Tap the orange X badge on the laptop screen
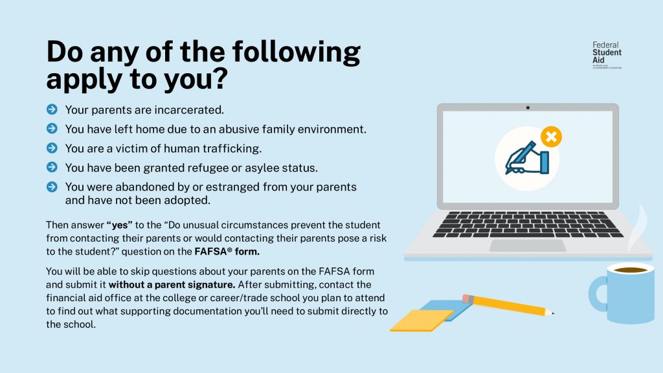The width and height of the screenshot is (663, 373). coord(551,137)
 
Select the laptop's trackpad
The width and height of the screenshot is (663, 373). coord(528,245)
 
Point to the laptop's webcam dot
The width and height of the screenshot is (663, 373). coord(528,107)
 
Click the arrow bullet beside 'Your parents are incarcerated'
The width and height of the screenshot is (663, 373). coord(52,110)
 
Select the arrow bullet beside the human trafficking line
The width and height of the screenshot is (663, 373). coord(52,148)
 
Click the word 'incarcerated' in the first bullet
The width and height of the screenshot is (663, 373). coord(193,110)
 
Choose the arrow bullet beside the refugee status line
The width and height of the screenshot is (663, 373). coord(52,168)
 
